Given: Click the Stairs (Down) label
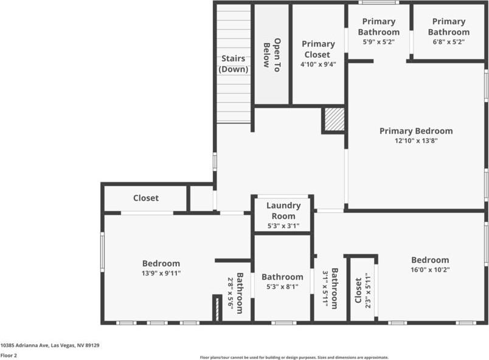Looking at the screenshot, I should click(234, 64).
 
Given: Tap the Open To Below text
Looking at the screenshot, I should click(272, 55).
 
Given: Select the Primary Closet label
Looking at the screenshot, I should click(318, 49).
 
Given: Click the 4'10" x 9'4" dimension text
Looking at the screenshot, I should click(318, 64).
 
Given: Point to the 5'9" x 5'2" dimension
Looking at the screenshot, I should click(378, 43).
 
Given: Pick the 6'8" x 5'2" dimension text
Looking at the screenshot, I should click(448, 43).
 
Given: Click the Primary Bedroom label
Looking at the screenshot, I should click(416, 131).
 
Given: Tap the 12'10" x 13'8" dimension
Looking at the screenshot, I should click(416, 140).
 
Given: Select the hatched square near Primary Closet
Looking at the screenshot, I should click(334, 120).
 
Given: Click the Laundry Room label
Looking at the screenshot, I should click(283, 211).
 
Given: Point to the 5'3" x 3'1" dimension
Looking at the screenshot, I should click(283, 226).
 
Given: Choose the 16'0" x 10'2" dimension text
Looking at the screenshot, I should click(430, 269).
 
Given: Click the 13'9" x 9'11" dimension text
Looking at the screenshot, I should click(161, 273).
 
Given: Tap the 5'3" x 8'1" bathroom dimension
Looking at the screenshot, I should click(282, 287).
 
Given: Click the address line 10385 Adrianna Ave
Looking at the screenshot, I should click(50, 345).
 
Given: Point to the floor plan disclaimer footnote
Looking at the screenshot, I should click(294, 358).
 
